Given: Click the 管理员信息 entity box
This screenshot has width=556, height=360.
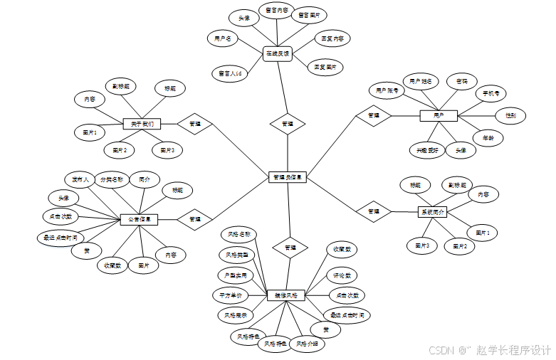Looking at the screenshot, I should click(x=288, y=177).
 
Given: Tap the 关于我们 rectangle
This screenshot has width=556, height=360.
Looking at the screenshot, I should click(x=142, y=124).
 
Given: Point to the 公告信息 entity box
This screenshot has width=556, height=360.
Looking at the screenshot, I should click(x=139, y=220).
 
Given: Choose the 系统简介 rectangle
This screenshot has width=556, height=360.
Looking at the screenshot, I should click(x=432, y=211).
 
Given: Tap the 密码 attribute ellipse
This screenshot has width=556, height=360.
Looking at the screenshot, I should click(x=462, y=82).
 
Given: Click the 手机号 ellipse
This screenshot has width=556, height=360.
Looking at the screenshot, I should click(x=491, y=93).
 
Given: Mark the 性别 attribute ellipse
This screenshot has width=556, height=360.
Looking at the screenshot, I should click(x=510, y=115).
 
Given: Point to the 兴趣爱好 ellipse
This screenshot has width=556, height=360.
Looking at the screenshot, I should click(x=427, y=150).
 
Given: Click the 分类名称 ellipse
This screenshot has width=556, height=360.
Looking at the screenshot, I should click(x=111, y=179).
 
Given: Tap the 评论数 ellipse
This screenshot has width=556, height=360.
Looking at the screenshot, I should click(x=342, y=275).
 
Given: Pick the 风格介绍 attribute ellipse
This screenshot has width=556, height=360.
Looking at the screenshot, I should click(x=310, y=344).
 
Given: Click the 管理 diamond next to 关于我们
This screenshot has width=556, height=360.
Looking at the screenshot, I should click(x=194, y=124).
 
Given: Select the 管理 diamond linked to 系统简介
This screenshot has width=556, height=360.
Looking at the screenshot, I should click(x=374, y=211).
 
